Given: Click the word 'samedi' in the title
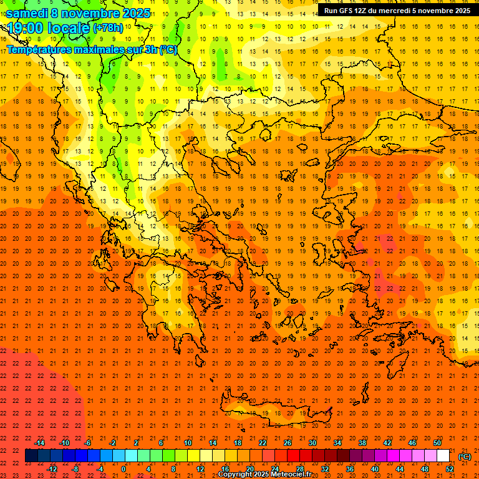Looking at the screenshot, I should click(x=27, y=13).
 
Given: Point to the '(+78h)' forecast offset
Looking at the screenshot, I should click(x=108, y=28).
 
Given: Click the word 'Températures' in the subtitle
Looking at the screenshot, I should click(x=37, y=49).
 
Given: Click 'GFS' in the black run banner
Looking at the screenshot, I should click(x=351, y=11).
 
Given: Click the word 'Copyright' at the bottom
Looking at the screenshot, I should click(x=235, y=475).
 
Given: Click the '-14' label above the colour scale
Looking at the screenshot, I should click(x=39, y=443).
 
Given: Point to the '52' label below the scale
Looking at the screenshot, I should click(x=450, y=469).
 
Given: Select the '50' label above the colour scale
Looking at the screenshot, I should click(x=437, y=443).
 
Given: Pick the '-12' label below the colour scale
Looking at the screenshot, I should click(x=52, y=469).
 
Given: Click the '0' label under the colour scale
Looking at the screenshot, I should click(x=123, y=469).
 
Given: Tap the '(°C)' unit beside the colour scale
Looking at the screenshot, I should click(x=465, y=457).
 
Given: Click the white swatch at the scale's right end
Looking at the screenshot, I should click(x=443, y=456).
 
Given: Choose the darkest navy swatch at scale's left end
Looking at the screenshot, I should click(x=31, y=456).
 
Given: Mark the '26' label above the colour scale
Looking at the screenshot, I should click(x=288, y=443).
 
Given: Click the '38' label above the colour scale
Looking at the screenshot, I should click(x=362, y=443).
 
